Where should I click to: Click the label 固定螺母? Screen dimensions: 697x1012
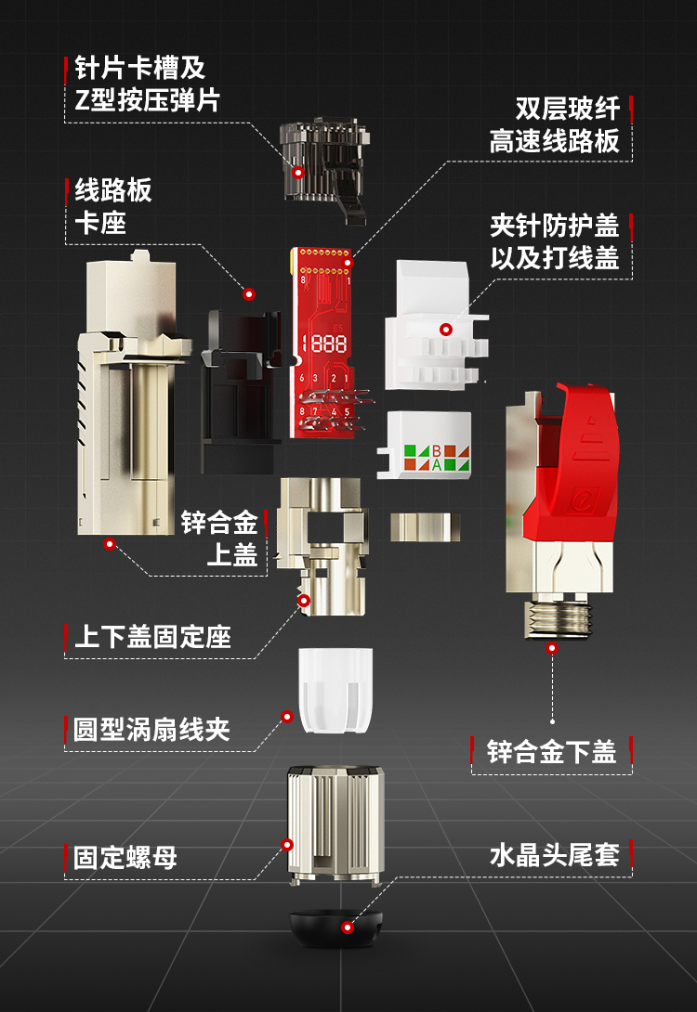(x=125, y=858)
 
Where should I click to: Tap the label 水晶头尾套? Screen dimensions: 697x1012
(x=554, y=855)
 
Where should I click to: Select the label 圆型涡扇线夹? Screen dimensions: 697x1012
(x=151, y=730)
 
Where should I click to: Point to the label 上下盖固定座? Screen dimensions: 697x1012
(x=152, y=637)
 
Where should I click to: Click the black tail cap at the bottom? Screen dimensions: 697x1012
(x=335, y=928)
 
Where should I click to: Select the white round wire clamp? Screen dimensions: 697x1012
(x=335, y=691)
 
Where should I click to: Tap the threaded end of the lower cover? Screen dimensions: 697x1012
(x=557, y=617)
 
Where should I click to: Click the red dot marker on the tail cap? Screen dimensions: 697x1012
(x=348, y=928)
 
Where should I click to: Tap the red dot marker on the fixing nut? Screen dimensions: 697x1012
(x=287, y=845)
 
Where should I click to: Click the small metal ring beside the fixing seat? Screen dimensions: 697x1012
(x=425, y=526)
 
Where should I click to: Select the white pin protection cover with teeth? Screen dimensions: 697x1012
(x=437, y=325)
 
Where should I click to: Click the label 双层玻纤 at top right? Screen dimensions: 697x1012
(x=567, y=109)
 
